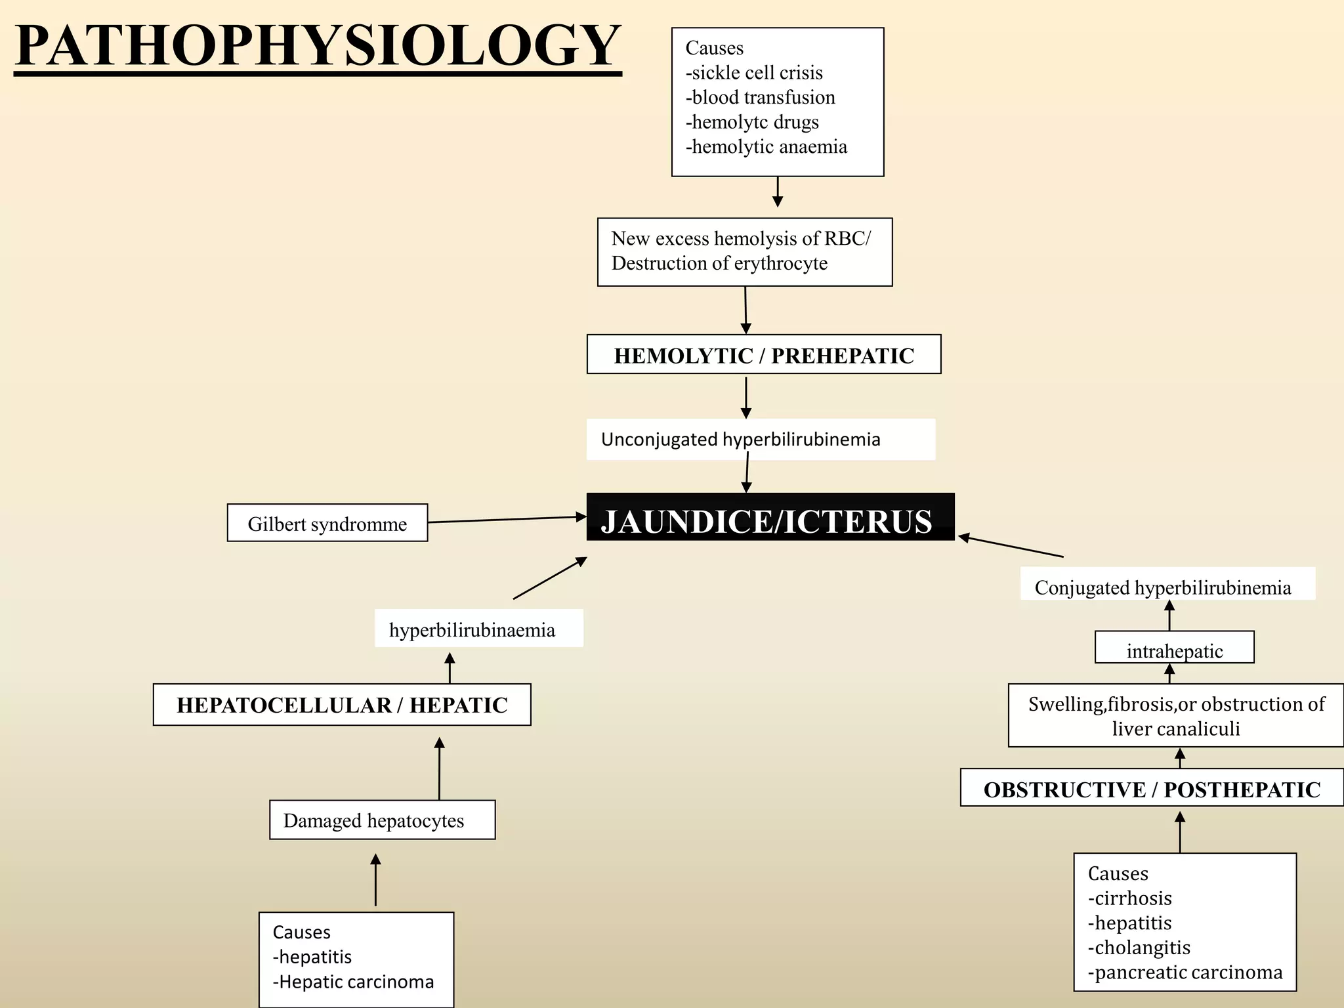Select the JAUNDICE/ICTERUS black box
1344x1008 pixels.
(x=770, y=516)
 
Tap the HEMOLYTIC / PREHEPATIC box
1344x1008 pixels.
(x=764, y=354)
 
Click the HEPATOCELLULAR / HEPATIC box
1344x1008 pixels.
(x=342, y=705)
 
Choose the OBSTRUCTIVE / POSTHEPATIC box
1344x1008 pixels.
(x=1152, y=787)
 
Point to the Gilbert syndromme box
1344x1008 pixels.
(x=327, y=523)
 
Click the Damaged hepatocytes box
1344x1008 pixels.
(x=383, y=820)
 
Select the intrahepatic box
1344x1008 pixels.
(x=1175, y=648)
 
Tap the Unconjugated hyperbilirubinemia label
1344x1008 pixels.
(x=741, y=439)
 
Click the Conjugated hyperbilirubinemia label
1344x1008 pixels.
(x=1163, y=587)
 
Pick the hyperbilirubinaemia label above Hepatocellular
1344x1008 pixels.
(x=472, y=630)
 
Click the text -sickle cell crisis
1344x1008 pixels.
(x=754, y=73)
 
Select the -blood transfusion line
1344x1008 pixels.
(x=761, y=97)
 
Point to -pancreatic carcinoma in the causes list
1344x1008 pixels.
(x=1185, y=972)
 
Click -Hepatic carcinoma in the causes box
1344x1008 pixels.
(x=354, y=982)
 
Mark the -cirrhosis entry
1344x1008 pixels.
(x=1130, y=898)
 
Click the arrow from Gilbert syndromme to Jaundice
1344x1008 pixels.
(x=507, y=520)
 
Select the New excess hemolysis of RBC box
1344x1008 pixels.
(x=745, y=252)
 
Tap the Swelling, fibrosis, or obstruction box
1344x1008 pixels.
(x=1176, y=715)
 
